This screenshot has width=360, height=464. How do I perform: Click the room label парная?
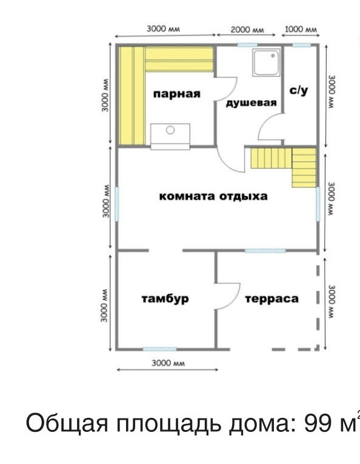click(177, 94)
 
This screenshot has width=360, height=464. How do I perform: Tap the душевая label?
click(252, 103)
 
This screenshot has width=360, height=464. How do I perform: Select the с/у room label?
click(299, 90)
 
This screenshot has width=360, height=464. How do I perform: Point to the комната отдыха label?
click(213, 197)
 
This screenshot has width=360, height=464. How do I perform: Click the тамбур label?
click(165, 298)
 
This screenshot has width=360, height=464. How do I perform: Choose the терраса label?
click(272, 299)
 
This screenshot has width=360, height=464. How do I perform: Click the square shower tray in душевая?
click(266, 62)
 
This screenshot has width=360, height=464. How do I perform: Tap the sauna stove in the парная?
click(170, 136)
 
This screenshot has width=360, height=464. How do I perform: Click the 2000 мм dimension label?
click(247, 30)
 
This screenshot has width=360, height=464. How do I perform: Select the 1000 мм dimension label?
click(301, 29)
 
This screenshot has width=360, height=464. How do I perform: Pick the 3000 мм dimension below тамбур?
click(168, 363)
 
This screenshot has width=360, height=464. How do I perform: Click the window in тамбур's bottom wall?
click(159, 349)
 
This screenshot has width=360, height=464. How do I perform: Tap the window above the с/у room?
click(301, 45)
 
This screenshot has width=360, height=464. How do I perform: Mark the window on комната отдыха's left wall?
click(117, 204)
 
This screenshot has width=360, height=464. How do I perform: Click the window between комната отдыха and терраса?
click(265, 250)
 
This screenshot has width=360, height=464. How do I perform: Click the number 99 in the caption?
click(318, 423)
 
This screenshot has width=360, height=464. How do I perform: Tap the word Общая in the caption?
click(67, 423)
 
